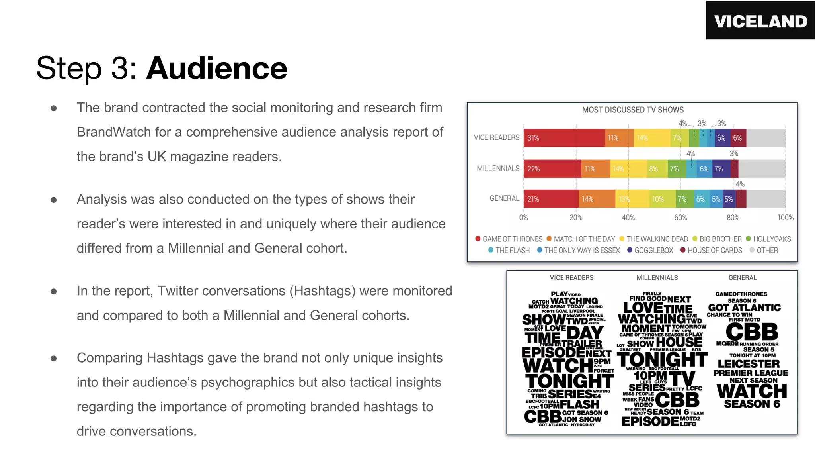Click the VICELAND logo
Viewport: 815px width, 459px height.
tap(760, 21)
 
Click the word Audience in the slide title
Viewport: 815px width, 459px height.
tap(217, 68)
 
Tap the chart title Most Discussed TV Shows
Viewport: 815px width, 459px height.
tap(633, 110)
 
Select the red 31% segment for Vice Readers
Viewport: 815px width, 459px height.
tap(564, 138)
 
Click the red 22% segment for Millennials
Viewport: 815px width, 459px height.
tap(552, 169)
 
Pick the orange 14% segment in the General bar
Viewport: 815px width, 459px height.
tap(597, 199)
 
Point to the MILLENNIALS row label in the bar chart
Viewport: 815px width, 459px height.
tap(498, 168)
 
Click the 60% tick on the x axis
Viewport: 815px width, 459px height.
tap(680, 218)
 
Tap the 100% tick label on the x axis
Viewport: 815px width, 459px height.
tap(785, 218)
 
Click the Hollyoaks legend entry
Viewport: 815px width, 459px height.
tap(768, 239)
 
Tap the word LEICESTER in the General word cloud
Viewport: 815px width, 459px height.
tap(749, 364)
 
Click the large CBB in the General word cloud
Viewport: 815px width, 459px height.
tap(752, 331)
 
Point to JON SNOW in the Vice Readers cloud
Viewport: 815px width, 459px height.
tap(582, 419)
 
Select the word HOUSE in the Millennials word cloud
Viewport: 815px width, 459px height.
tap(679, 342)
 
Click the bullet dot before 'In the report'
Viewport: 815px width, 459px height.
tap(54, 292)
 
